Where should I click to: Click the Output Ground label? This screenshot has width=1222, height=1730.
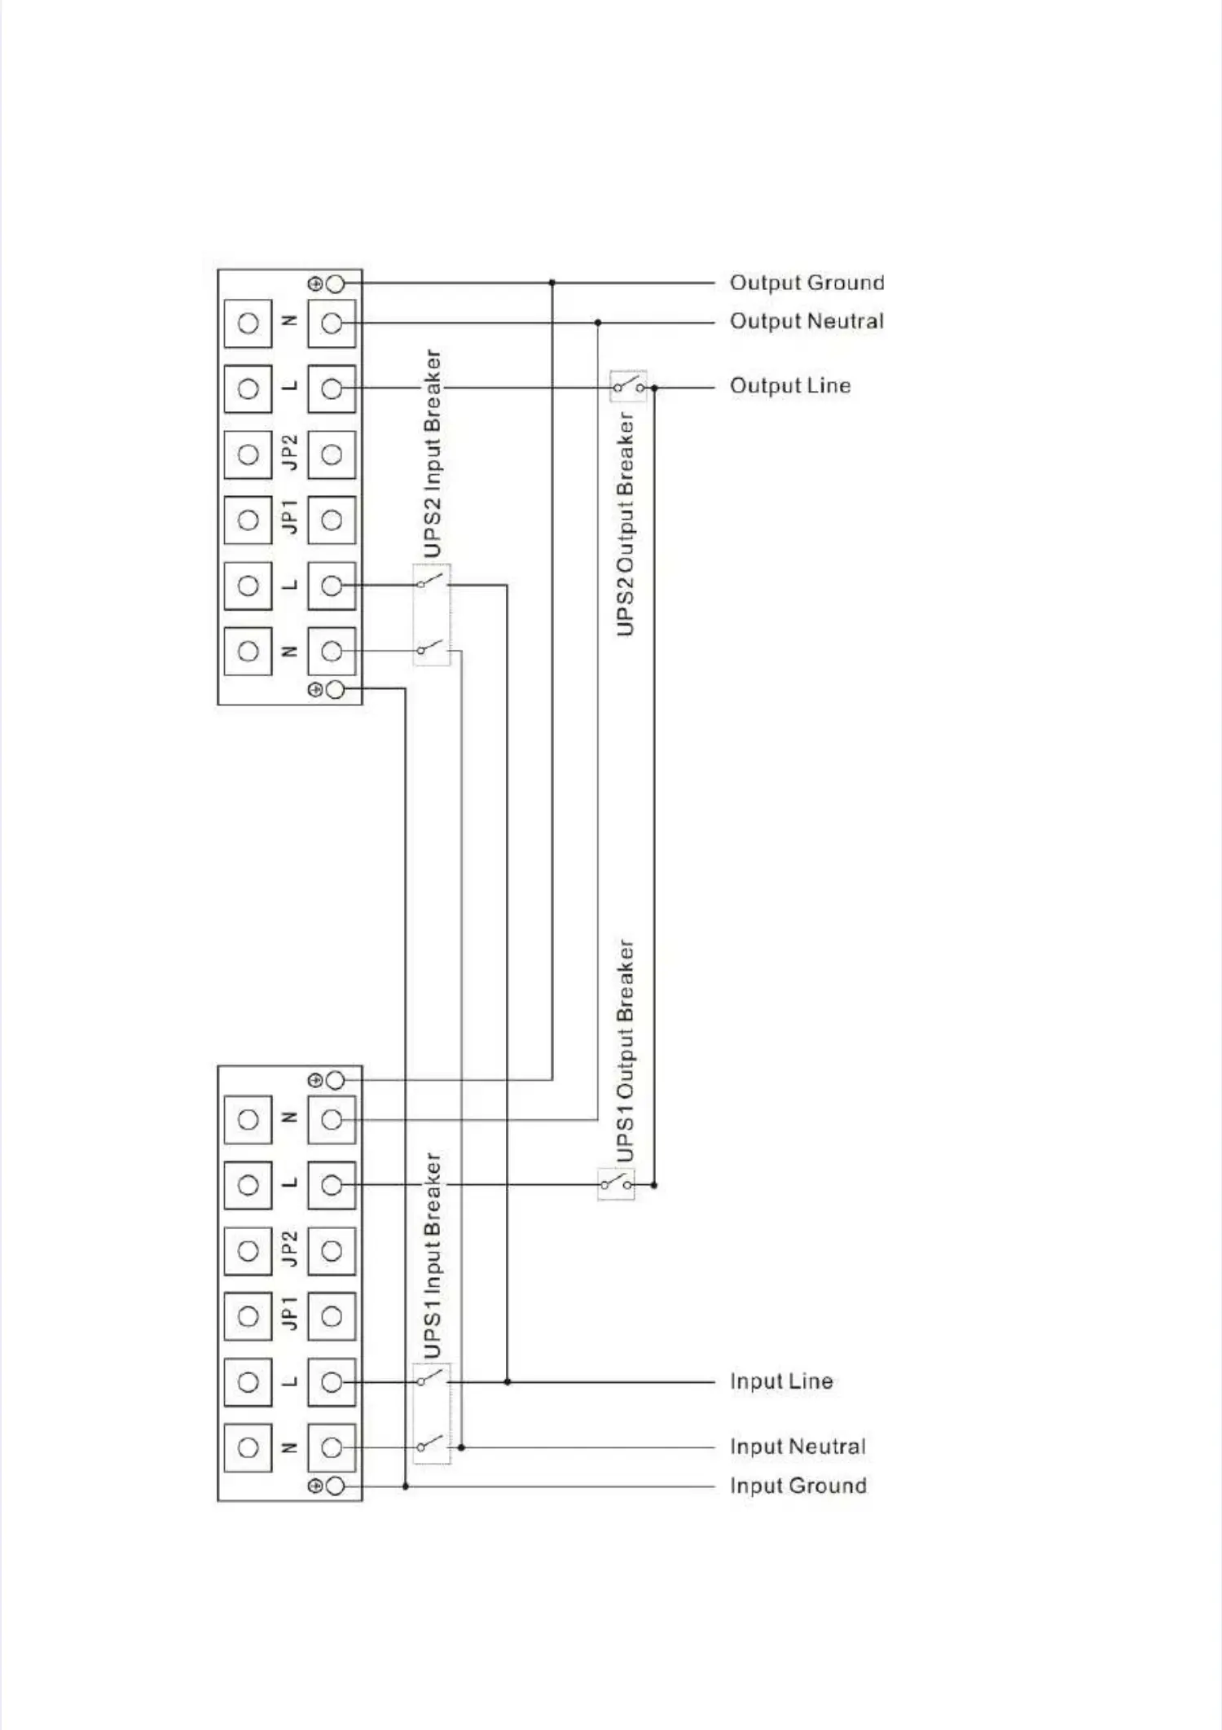807,283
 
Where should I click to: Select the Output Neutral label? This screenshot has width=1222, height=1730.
807,321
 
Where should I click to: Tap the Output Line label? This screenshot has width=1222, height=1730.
790,385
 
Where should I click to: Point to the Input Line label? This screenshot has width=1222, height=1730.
781,1381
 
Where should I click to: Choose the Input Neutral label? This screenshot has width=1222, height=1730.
798,1447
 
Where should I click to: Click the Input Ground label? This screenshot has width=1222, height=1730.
798,1486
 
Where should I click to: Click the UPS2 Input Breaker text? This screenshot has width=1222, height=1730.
433,454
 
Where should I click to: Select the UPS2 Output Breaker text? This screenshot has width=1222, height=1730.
626,524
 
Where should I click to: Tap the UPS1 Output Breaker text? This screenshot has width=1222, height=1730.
626,1052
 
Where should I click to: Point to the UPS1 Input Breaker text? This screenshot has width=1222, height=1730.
433,1255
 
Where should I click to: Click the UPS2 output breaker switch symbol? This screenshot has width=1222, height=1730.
628,385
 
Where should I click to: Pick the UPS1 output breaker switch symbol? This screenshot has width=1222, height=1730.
616,1183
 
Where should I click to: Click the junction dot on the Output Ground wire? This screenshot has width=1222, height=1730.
552,283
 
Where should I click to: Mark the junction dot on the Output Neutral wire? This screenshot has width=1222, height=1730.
598,323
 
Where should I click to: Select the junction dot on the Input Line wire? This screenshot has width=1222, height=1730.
507,1381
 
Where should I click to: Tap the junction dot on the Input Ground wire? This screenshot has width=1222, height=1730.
406,1486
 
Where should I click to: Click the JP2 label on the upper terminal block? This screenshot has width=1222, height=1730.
289,453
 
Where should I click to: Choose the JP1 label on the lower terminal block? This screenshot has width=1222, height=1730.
289,1315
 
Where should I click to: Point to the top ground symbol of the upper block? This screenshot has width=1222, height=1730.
315,283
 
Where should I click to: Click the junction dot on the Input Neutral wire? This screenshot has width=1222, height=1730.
461,1447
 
